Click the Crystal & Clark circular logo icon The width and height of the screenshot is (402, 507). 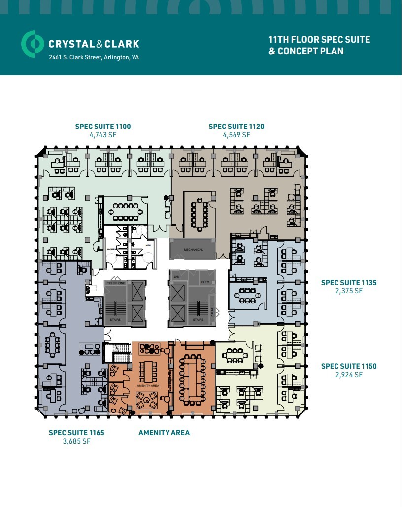[x=33, y=44]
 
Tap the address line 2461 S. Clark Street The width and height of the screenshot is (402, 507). [x=94, y=57]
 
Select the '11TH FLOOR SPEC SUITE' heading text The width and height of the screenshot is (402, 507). [x=319, y=39]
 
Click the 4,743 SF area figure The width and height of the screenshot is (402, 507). [x=103, y=135]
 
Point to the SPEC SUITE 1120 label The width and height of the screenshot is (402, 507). [x=236, y=127]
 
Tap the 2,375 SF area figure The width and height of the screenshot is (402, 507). [x=349, y=291]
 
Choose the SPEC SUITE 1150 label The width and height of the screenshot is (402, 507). [x=349, y=366]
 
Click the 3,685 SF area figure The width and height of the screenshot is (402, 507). [x=76, y=441]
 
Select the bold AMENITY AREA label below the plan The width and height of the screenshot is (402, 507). [x=164, y=433]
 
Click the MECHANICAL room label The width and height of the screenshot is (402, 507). [x=193, y=250]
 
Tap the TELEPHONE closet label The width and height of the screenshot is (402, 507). [x=116, y=283]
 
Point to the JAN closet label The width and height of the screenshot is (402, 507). [x=176, y=282]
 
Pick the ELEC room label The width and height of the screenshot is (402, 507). [x=205, y=282]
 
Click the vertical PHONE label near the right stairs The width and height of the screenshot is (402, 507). [x=213, y=312]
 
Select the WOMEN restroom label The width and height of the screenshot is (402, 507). [x=111, y=250]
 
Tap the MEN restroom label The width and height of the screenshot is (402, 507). [x=148, y=245]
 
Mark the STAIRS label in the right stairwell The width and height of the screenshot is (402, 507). [x=198, y=320]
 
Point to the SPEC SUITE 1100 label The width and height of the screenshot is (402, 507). [x=103, y=127]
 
